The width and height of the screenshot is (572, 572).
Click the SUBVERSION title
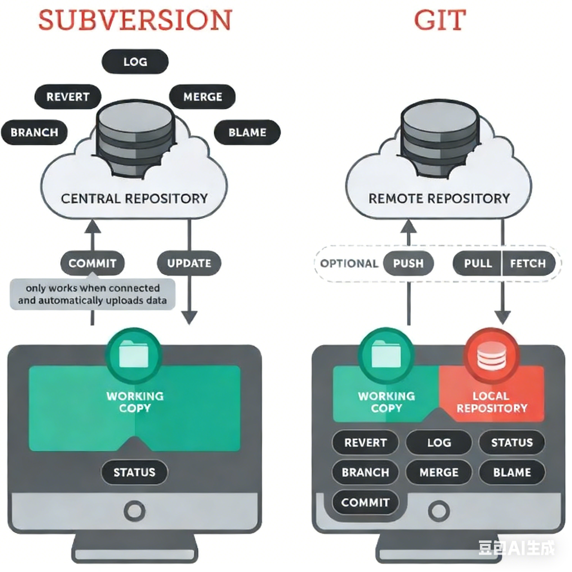[135, 20]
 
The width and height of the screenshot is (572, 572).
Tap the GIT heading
[440, 20]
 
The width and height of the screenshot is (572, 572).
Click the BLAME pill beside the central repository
[247, 132]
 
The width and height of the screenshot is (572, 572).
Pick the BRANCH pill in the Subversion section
[34, 132]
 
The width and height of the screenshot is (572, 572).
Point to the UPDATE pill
[189, 263]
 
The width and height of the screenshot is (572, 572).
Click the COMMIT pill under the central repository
[92, 263]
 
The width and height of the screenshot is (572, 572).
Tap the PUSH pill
[408, 263]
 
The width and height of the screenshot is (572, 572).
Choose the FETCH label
[528, 263]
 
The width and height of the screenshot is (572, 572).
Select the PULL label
[478, 263]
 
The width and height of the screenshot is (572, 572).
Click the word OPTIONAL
[349, 263]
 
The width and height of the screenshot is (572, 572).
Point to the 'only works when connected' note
[92, 294]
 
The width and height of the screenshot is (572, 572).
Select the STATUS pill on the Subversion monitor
[134, 472]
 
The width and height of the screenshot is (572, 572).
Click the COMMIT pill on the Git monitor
[365, 502]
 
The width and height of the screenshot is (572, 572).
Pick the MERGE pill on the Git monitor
[439, 472]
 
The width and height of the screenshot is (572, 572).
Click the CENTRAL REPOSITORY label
[134, 198]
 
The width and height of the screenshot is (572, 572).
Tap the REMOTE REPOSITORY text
[439, 198]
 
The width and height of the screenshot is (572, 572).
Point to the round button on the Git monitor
[439, 511]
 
